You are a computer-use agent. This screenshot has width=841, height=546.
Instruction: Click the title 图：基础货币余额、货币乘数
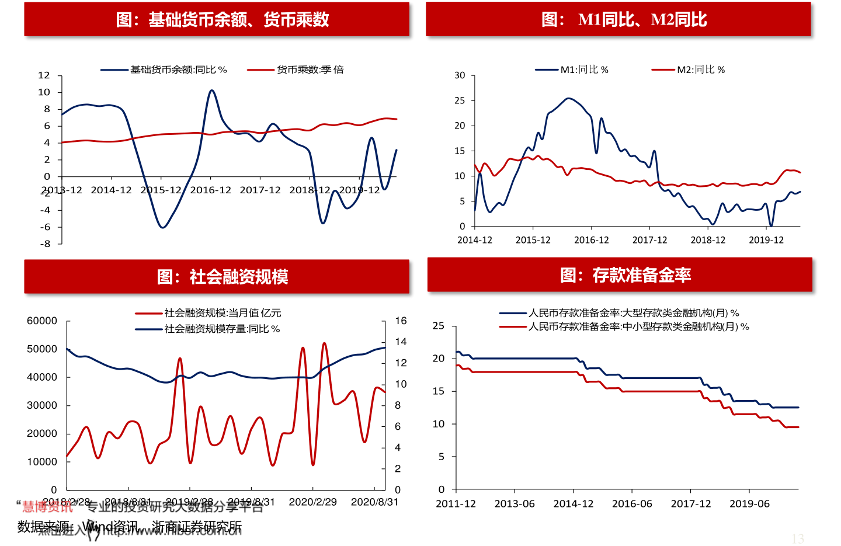coord(222,20)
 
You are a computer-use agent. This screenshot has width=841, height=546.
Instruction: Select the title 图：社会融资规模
coord(222,277)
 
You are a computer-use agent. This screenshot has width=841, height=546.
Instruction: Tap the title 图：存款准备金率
coord(625,275)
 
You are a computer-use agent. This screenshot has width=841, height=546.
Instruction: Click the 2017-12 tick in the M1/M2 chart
coord(649,240)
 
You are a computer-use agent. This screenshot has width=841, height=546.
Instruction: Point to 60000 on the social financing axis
coord(42,321)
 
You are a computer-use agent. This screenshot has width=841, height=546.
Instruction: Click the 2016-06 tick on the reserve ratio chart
coord(632,503)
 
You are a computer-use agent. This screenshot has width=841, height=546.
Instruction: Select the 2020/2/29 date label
coord(312,502)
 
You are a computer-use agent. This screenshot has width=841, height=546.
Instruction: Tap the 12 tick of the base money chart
coord(44,75)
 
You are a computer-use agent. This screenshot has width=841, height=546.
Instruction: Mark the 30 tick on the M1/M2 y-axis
coord(460,75)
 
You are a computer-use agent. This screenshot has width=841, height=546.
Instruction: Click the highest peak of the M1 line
coord(568,98)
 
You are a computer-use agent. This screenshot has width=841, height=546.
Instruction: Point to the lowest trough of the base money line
coord(162,227)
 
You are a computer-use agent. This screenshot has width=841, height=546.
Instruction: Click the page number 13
coord(798,538)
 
